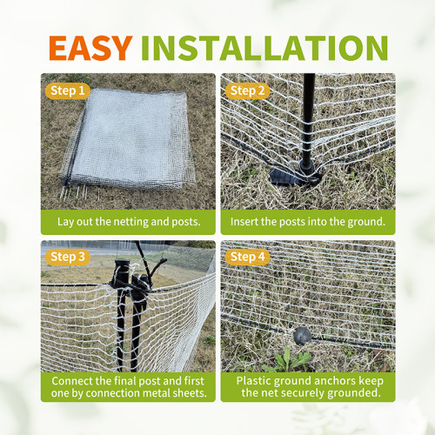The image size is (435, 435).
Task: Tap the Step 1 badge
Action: (67, 90)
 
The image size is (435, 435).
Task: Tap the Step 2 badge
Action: (248, 90)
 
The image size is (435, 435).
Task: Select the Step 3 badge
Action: (67, 257)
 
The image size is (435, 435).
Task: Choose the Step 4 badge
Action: (248, 257)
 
